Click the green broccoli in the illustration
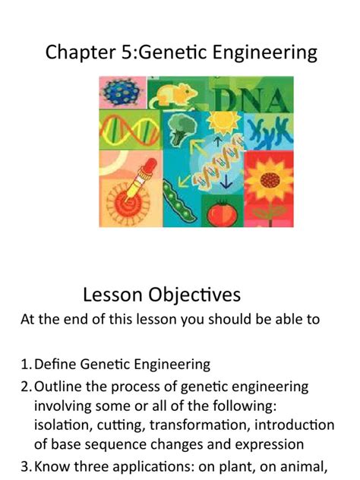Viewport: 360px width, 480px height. tap(182, 129)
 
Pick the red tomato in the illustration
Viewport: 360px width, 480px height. tap(222, 211)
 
